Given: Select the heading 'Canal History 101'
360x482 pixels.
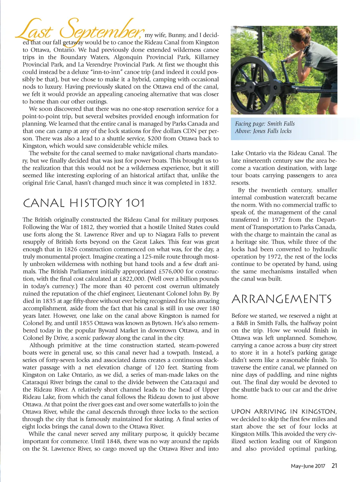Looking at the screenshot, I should coord(84,203).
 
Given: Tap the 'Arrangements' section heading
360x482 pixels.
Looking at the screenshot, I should coord(281,299).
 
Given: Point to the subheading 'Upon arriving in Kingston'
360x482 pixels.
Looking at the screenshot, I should coord(284,412).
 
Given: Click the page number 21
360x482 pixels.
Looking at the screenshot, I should coord(334,466).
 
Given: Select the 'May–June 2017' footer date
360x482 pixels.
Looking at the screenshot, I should coord(308,466).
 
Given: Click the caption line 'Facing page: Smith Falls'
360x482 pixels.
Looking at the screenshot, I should coord(265,123).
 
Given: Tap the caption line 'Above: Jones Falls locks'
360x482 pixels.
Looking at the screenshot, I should coord(263,131).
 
